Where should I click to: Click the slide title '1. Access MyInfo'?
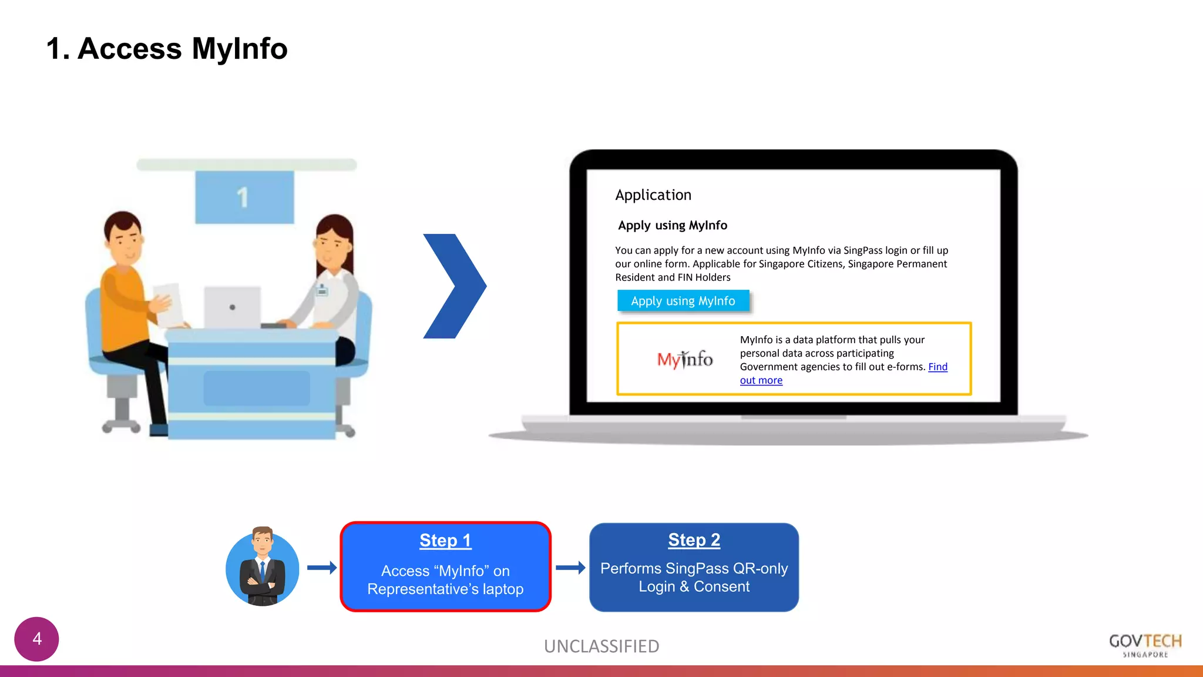tap(167, 49)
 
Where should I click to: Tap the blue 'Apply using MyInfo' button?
tap(683, 301)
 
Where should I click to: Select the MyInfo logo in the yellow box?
tap(684, 359)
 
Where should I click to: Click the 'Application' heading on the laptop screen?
tap(653, 195)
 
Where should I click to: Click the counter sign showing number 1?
tap(244, 197)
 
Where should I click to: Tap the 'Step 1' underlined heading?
tap(445, 540)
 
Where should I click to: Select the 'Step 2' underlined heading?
tap(694, 539)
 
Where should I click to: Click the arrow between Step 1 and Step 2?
tap(570, 568)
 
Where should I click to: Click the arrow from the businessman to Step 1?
tap(322, 568)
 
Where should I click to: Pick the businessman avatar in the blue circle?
tap(263, 568)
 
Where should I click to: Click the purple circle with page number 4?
tap(36, 639)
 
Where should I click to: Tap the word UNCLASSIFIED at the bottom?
tap(601, 646)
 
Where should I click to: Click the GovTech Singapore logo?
tap(1145, 645)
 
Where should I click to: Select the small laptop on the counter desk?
tap(233, 307)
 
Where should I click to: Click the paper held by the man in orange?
tap(169, 304)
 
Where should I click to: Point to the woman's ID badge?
tap(322, 290)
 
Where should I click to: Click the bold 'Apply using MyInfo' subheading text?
tap(672, 226)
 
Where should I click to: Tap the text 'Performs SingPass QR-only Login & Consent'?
tap(694, 578)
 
